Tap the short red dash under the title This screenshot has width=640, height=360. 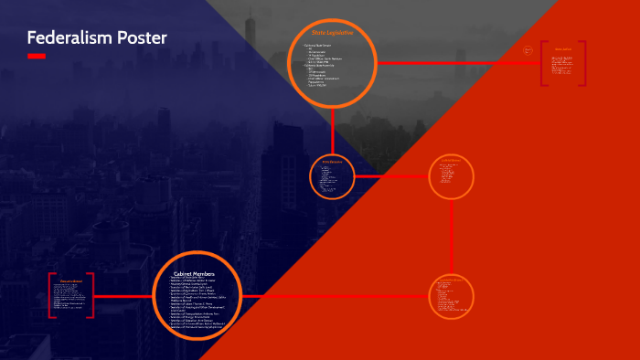37,56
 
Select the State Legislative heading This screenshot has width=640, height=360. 333,34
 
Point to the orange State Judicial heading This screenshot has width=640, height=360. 563,50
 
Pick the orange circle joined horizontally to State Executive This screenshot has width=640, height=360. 452,176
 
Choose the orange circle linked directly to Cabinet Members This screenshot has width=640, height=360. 452,295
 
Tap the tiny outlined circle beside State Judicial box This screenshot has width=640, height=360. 528,50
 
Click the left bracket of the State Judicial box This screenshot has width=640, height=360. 543,63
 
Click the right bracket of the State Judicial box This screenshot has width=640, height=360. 584,63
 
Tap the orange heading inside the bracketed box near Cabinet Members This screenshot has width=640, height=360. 71,281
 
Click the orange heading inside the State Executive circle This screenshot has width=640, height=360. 332,162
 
